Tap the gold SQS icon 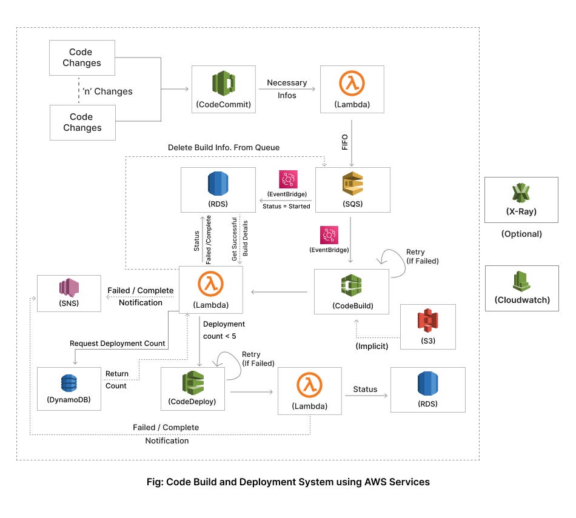352,184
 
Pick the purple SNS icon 69,287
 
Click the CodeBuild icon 351,285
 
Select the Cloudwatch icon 521,281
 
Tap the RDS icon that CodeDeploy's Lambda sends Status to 427,384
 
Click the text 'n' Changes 107,91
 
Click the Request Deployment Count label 118,343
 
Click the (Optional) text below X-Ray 521,234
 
